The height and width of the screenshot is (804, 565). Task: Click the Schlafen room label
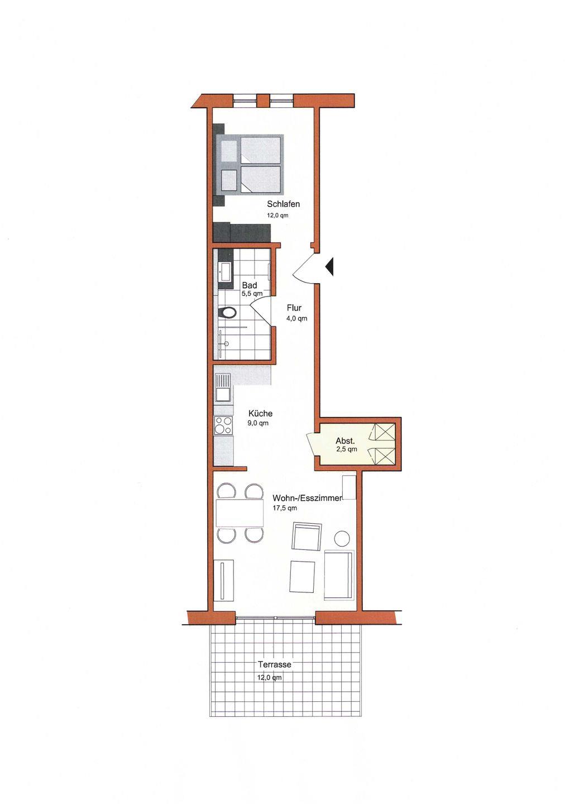283,204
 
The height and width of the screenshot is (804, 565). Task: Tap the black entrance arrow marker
329,267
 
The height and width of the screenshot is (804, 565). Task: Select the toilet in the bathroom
228,312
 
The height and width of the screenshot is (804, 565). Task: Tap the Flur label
294,308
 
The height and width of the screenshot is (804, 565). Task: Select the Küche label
260,414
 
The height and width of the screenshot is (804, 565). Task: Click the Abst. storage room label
346,441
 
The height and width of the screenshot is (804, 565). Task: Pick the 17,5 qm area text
285,508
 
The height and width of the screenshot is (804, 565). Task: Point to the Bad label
250,285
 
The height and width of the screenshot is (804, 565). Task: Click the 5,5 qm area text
252,293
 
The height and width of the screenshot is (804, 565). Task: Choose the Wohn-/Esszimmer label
307,498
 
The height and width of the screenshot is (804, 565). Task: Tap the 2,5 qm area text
346,449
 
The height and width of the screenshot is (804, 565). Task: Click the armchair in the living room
307,536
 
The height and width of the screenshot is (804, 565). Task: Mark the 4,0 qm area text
296,318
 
